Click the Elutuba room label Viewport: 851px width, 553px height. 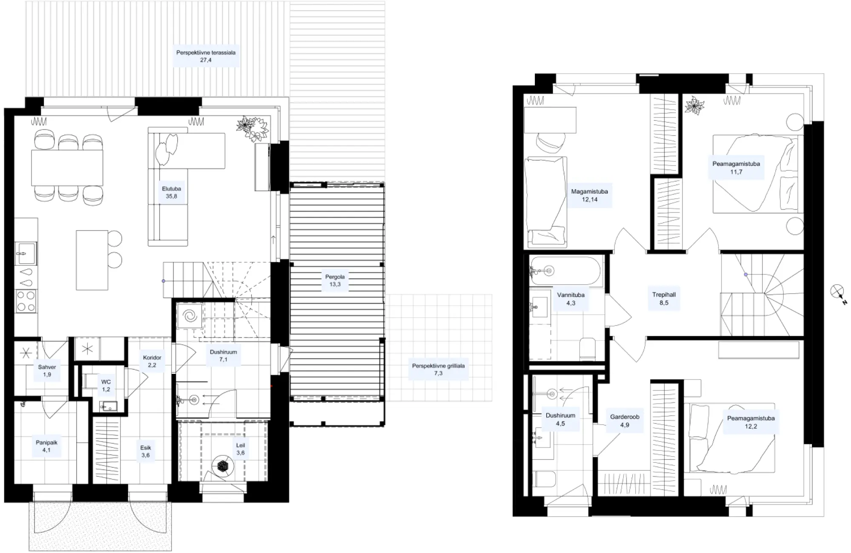(171, 193)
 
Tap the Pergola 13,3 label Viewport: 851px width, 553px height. (335, 281)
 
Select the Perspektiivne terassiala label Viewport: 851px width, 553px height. (206, 56)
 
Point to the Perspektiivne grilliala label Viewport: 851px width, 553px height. (438, 369)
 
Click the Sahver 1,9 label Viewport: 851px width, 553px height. (47, 371)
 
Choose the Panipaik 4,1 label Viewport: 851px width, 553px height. (46, 446)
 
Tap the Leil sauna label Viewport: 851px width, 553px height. (240, 449)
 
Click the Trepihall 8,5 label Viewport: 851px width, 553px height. (664, 299)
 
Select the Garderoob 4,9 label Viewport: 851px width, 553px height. (625, 421)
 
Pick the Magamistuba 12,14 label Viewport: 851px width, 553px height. (590, 196)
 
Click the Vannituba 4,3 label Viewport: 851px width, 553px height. (571, 299)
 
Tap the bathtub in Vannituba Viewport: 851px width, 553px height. (566, 271)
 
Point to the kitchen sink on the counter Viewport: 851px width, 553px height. (26, 254)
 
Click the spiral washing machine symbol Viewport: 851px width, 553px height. (189, 316)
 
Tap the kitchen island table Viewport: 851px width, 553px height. (92, 260)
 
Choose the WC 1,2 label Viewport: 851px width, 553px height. (106, 385)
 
